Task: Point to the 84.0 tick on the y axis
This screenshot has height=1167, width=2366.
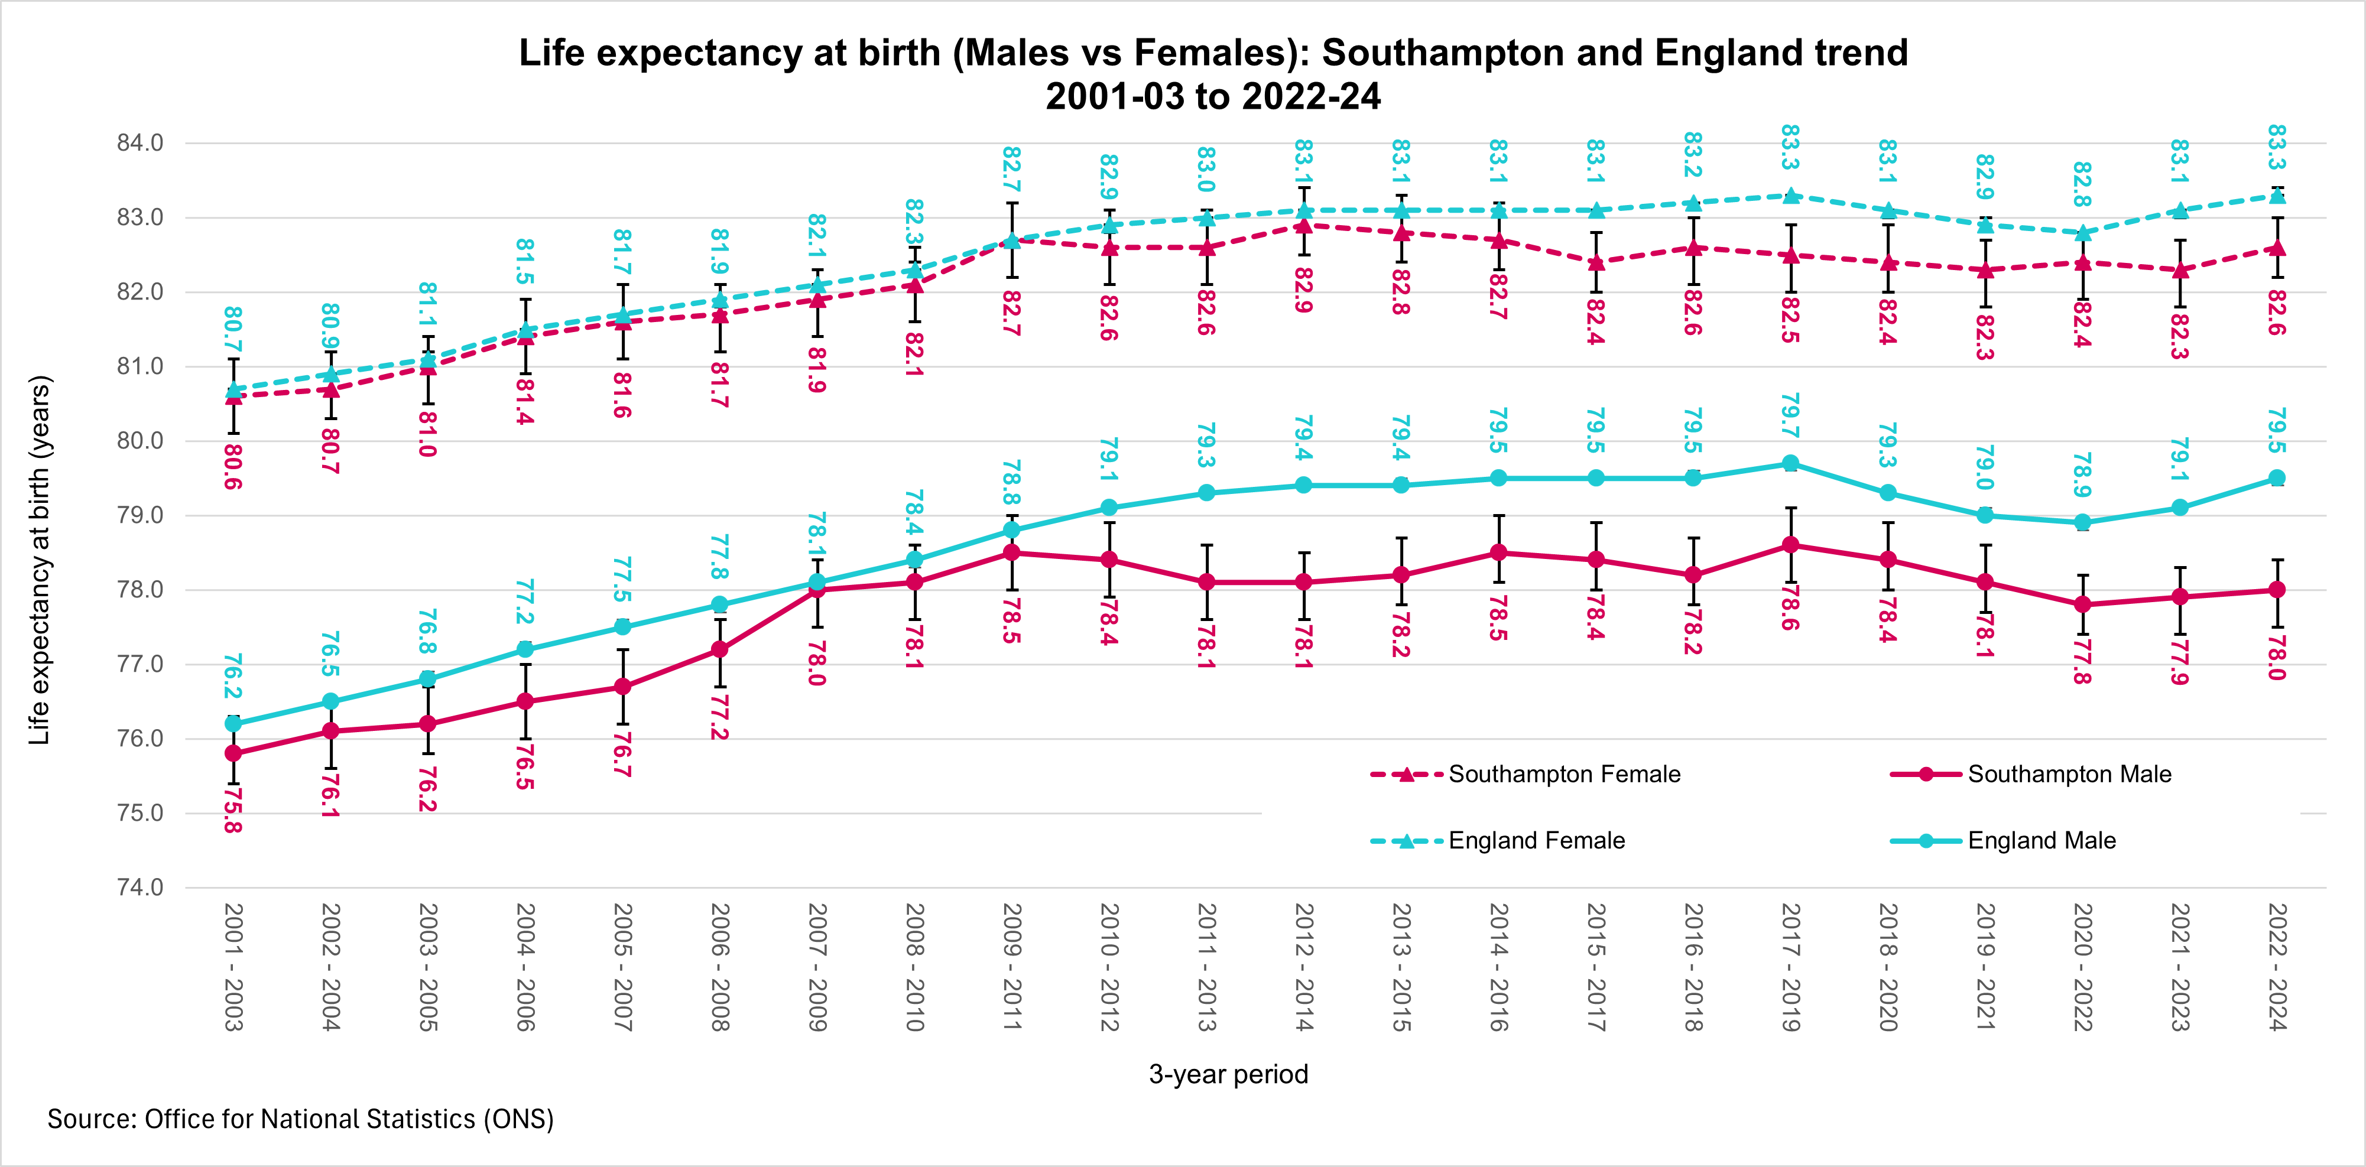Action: pos(139,143)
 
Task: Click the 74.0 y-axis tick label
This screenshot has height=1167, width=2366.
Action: pos(139,887)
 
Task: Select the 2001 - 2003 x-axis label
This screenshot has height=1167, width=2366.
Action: pos(233,967)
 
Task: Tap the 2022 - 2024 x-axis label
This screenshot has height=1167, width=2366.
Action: pos(2277,967)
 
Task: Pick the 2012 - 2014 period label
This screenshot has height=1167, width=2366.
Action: pos(1303,967)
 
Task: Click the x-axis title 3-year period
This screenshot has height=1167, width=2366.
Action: pos(1228,1074)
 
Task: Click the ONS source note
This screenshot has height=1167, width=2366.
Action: pos(300,1119)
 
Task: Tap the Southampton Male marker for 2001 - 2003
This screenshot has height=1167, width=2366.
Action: pos(233,753)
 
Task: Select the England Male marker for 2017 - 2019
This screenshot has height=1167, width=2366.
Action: pos(1790,464)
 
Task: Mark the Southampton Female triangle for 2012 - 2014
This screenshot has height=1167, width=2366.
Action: pos(1303,225)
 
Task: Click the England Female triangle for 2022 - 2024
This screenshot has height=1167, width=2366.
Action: pos(2277,196)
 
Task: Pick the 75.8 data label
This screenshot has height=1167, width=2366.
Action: pos(233,810)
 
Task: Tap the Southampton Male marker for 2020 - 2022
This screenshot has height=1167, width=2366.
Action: pos(2082,604)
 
